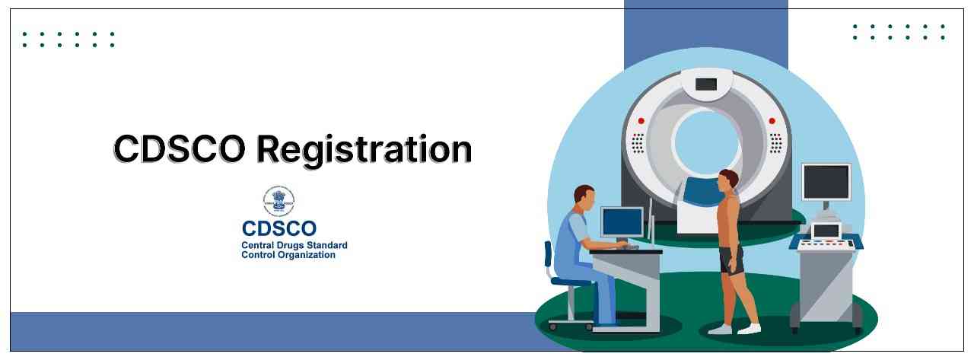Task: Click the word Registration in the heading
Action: pos(364,150)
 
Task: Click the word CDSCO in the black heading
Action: pos(179,148)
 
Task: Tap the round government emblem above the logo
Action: pos(279,201)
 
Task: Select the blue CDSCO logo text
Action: pos(279,228)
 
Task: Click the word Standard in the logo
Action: pos(329,245)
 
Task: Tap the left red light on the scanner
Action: pos(641,120)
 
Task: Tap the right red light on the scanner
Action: pos(772,120)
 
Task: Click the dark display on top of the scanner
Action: pos(706,84)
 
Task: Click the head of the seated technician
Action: pos(584,199)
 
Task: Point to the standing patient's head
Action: pos(728,182)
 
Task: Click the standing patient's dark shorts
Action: pos(731,260)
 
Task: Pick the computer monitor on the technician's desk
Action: pos(622,221)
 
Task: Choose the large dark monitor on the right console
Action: pos(826,182)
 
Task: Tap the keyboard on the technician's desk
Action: pos(629,247)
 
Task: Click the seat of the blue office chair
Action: pos(571,282)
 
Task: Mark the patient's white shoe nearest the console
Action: pos(750,328)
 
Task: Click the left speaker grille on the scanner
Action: pos(638,143)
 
